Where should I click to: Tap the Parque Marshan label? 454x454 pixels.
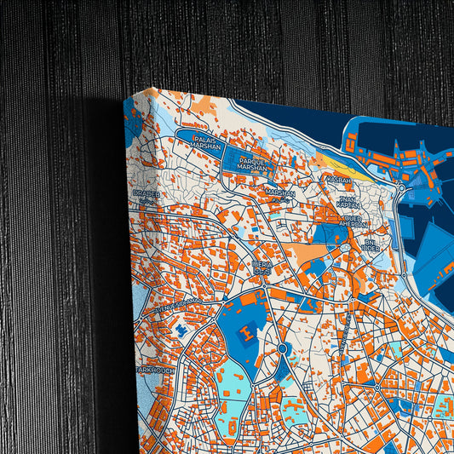click(253, 164)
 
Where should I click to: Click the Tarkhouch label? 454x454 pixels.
click(156, 371)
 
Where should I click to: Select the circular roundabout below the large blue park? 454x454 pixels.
click(281, 348)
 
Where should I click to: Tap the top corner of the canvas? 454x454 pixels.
click(127, 101)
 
